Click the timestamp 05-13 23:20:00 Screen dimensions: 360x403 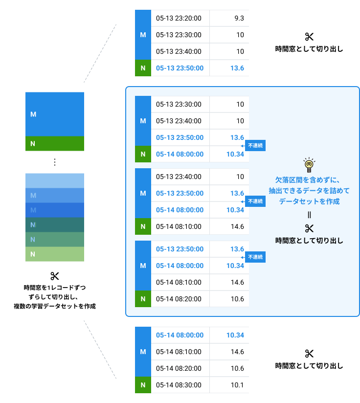179,18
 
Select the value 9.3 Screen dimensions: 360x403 239,18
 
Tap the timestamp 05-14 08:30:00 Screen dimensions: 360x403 179,385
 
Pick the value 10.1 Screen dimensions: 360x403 237,385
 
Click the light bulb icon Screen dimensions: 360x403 309,165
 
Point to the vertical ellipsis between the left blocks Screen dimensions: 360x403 55,162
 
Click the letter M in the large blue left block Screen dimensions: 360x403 33,114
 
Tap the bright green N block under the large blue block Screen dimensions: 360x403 55,143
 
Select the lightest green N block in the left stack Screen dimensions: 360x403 55,254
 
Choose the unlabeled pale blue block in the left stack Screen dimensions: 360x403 55,180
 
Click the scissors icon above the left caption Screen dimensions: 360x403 55,276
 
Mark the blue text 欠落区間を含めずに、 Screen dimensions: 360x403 308,180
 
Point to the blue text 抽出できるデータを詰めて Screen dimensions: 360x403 309,191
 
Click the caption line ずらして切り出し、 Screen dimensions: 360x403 53,297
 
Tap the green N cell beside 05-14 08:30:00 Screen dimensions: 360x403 143,385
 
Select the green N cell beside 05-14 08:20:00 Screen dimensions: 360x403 143,299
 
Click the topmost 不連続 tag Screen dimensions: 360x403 255,145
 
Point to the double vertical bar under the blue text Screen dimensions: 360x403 309,215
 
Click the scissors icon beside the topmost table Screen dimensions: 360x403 309,37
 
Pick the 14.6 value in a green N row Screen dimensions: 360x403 237,226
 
